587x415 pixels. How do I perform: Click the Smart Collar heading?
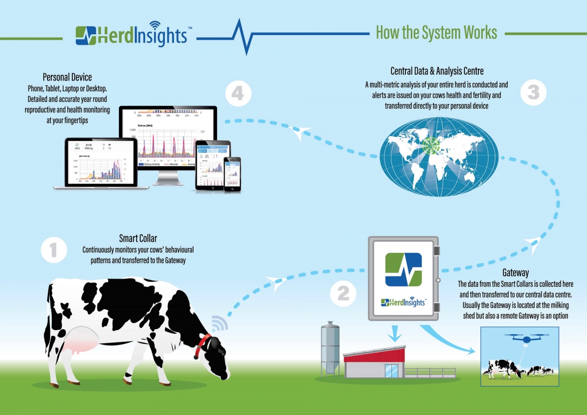(138, 239)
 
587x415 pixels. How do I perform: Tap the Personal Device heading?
(67, 77)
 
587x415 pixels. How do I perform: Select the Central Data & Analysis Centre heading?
(437, 72)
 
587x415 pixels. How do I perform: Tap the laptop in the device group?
(101, 164)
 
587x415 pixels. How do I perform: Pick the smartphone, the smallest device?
(232, 173)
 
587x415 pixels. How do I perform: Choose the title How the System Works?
(436, 33)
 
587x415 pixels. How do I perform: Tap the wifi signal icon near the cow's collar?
(220, 323)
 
